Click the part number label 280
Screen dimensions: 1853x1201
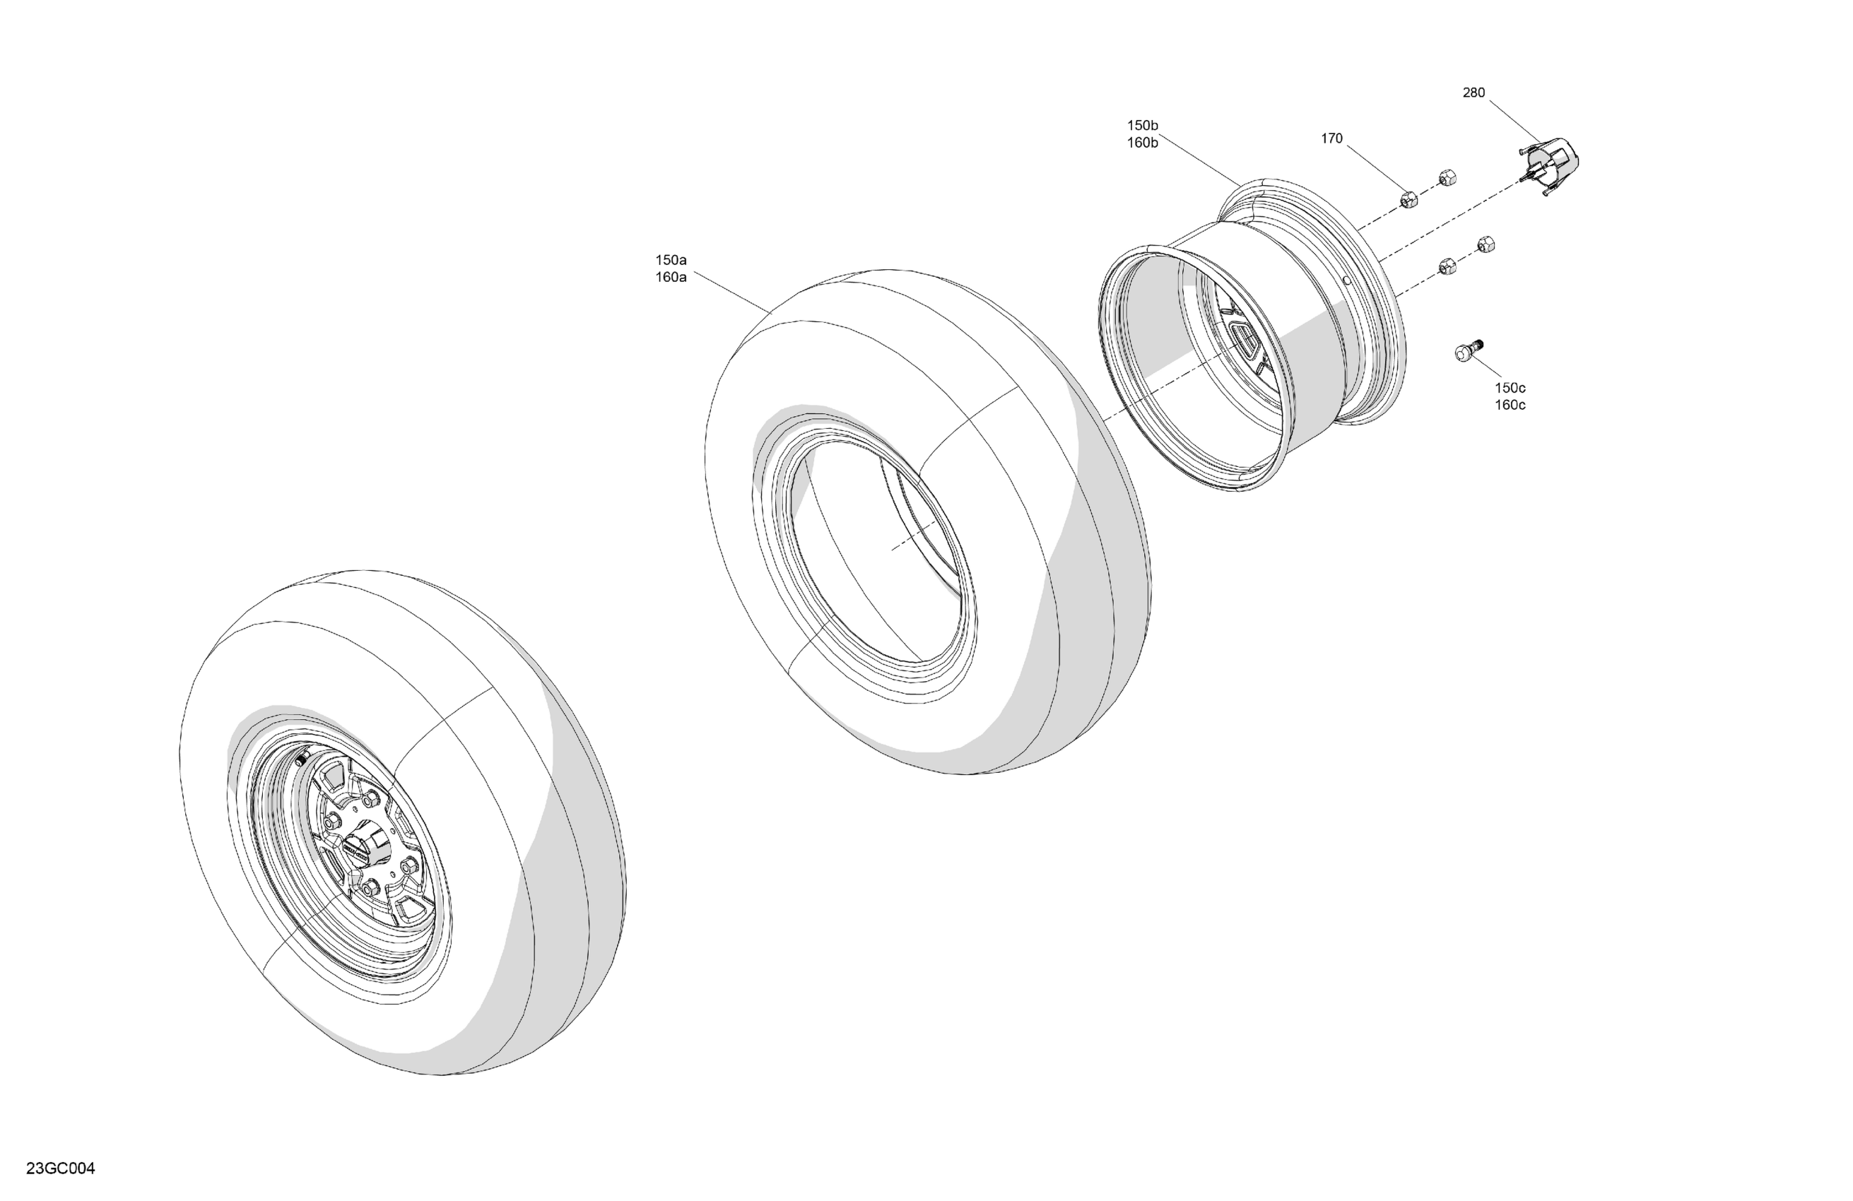tap(1473, 93)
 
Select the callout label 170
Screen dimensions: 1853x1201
tap(1331, 138)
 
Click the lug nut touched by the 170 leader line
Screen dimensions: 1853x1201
tap(1408, 199)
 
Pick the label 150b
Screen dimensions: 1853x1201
tap(1142, 125)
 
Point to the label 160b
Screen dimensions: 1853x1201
tap(1142, 143)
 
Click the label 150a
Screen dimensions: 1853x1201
tap(671, 260)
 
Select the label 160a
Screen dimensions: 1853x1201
tap(671, 277)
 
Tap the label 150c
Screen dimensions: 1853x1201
tap(1510, 388)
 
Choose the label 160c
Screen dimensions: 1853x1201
tap(1510, 405)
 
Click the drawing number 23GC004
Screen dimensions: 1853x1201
tap(60, 1169)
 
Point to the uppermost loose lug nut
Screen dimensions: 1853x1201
tap(1447, 177)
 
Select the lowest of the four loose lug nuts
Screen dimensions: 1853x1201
tap(1447, 266)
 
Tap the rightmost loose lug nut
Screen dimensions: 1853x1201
tap(1486, 244)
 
